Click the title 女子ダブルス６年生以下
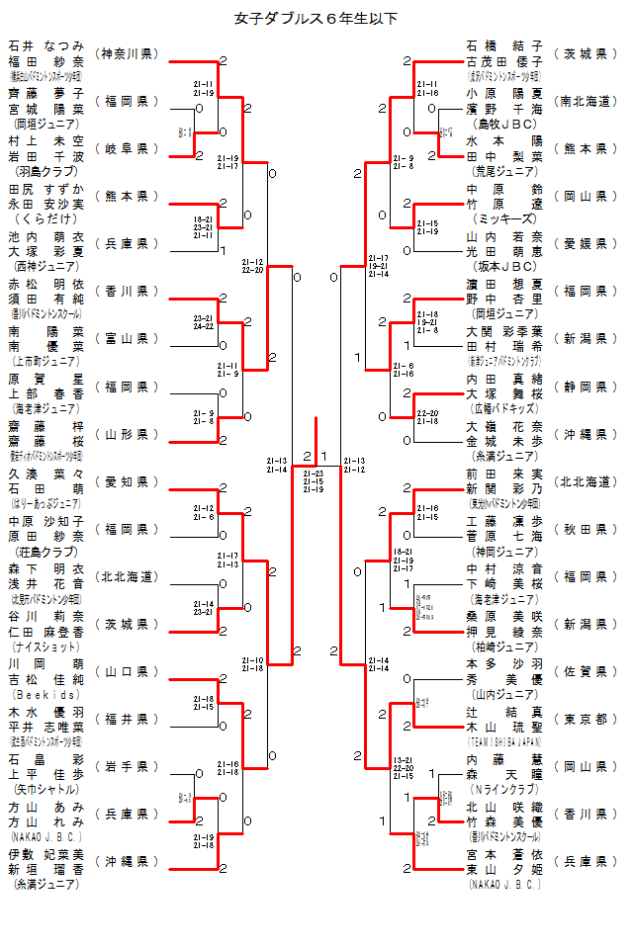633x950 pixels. point(316,19)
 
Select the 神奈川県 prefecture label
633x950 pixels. point(128,53)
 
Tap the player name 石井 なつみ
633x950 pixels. point(46,45)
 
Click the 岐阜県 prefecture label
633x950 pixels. point(128,148)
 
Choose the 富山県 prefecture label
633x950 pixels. point(128,339)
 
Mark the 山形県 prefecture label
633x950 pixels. point(128,434)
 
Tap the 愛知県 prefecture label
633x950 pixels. point(128,481)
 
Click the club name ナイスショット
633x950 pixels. point(46,647)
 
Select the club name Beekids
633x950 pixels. point(46,694)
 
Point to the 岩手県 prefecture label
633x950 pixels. point(128,766)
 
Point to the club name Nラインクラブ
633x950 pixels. point(504,789)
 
